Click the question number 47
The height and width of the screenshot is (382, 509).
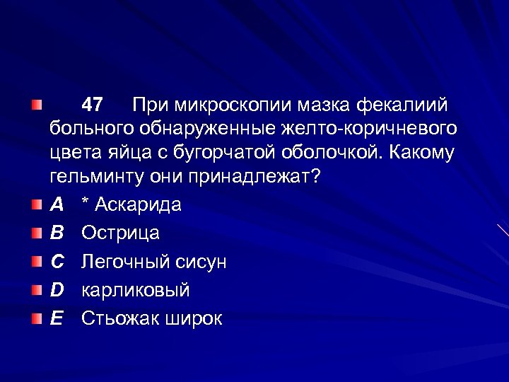click(92, 105)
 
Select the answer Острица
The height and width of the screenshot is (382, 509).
click(120, 233)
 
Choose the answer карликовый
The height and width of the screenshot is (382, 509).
click(136, 290)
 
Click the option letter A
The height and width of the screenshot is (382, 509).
click(57, 204)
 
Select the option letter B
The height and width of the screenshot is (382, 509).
click(57, 233)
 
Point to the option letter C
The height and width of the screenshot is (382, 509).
click(57, 262)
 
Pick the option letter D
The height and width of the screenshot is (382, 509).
click(57, 290)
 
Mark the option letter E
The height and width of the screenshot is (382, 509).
click(57, 318)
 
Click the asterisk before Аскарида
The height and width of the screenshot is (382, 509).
click(85, 203)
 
